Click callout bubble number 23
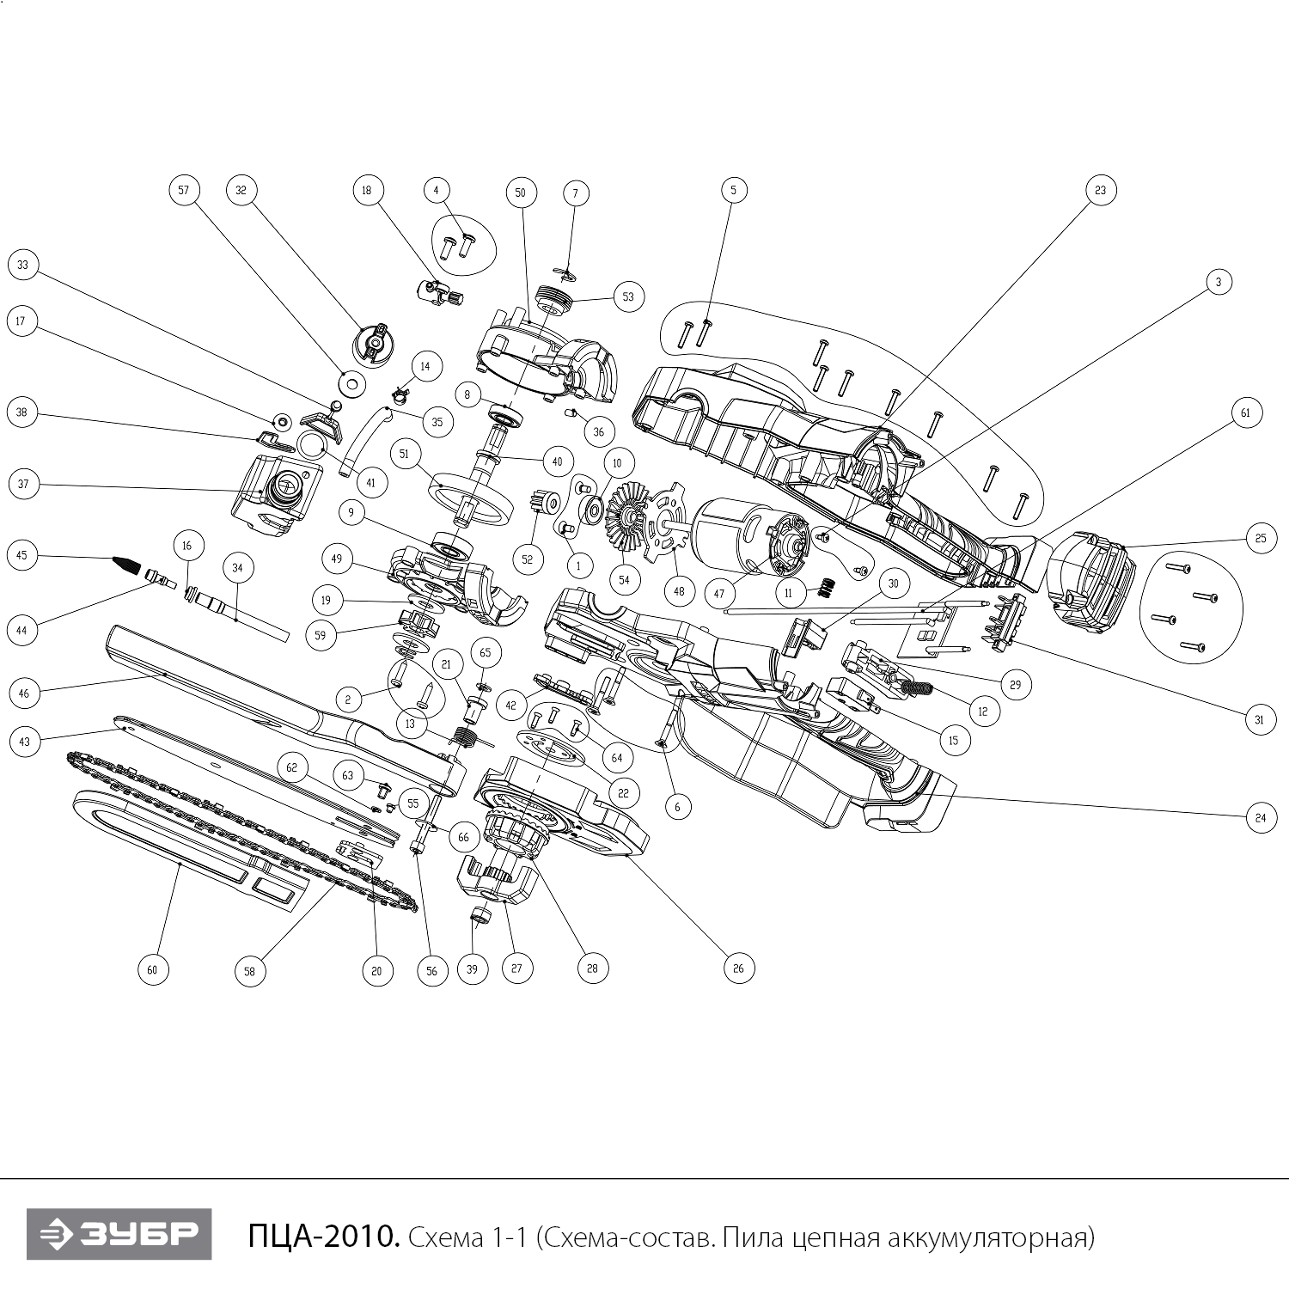(x=1101, y=190)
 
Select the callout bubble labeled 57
(x=183, y=190)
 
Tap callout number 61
(x=1244, y=413)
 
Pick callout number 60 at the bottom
(x=152, y=970)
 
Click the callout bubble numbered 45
(x=22, y=555)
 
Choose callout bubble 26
(x=738, y=968)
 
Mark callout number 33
(x=22, y=266)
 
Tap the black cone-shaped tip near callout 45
(x=126, y=565)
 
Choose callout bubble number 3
(x=1219, y=282)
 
